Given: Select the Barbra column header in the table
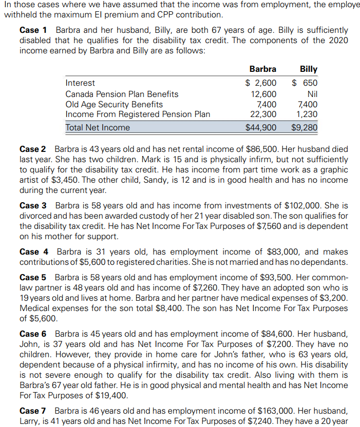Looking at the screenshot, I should (x=262, y=69).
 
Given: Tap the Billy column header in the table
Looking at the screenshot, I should (x=308, y=69).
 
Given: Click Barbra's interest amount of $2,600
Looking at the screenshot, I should (x=260, y=83).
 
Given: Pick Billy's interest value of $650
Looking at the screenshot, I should (x=305, y=83).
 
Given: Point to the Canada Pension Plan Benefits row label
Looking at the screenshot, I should (x=122, y=94).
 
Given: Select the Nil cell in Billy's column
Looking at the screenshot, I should (x=312, y=94).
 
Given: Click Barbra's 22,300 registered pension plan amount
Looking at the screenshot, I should (x=263, y=114).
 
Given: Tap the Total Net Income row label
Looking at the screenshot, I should (x=98, y=127).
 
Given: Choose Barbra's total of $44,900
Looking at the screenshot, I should (x=260, y=127).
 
